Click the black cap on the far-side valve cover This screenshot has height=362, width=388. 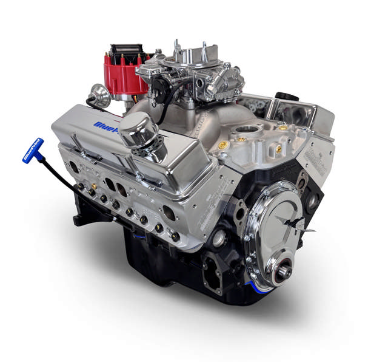(x=283, y=96)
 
